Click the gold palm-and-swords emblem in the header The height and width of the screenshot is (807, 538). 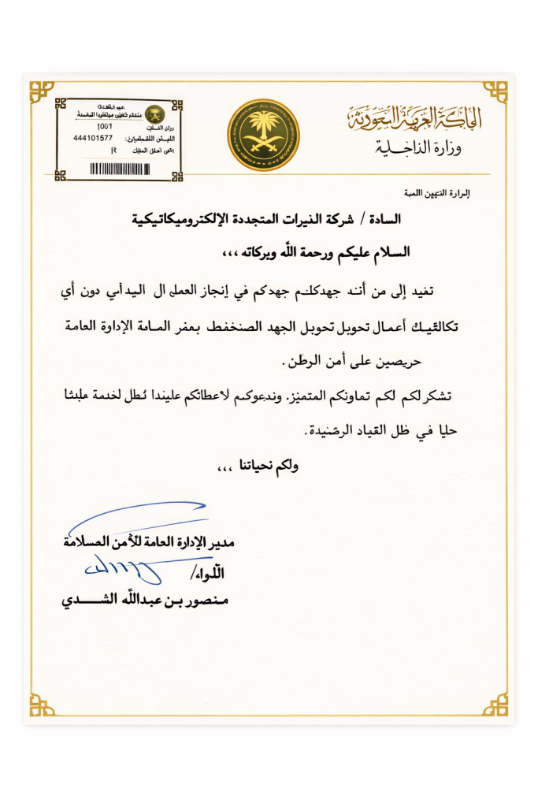(264, 135)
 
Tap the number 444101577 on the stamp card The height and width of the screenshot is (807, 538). (92, 137)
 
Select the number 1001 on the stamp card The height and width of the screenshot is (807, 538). (103, 126)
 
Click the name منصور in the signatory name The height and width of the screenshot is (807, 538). (206, 602)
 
